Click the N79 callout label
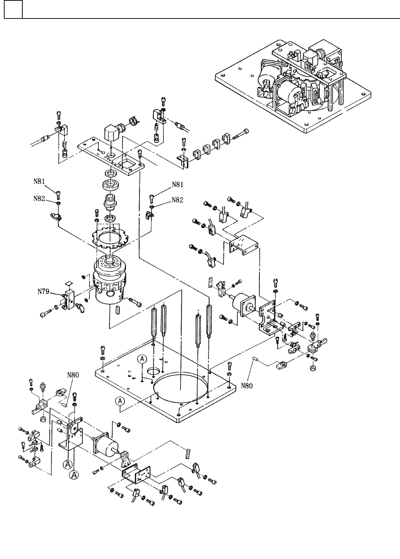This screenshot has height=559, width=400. tap(44, 291)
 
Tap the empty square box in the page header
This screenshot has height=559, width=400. tap(13, 9)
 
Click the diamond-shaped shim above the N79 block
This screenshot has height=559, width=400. tap(68, 283)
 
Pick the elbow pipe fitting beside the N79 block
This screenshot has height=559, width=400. tap(81, 307)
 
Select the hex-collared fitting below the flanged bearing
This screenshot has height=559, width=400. tap(109, 201)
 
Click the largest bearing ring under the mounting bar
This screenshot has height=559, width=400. tap(110, 185)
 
